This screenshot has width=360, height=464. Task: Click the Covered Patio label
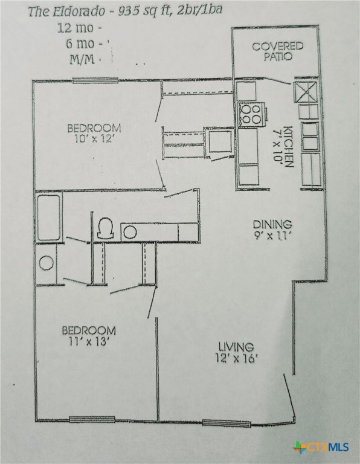pos(277,51)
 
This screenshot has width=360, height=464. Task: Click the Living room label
pos(235,347)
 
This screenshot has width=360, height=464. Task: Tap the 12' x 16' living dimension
pos(237,358)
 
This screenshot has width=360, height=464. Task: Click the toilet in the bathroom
pos(105,227)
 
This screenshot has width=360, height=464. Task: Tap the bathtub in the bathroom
pos(48,217)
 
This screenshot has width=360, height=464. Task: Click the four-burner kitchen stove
pos(251,114)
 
